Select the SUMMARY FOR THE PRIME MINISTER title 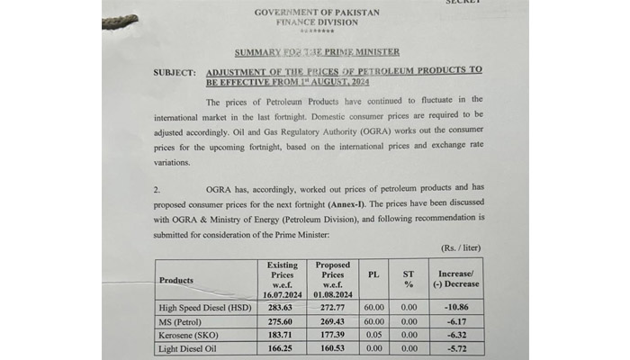pyautogui.click(x=317, y=53)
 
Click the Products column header pyautogui.click(x=176, y=280)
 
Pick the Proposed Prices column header pyautogui.click(x=333, y=279)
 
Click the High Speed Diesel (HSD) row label pyautogui.click(x=206, y=308)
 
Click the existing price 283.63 pyautogui.click(x=283, y=308)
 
